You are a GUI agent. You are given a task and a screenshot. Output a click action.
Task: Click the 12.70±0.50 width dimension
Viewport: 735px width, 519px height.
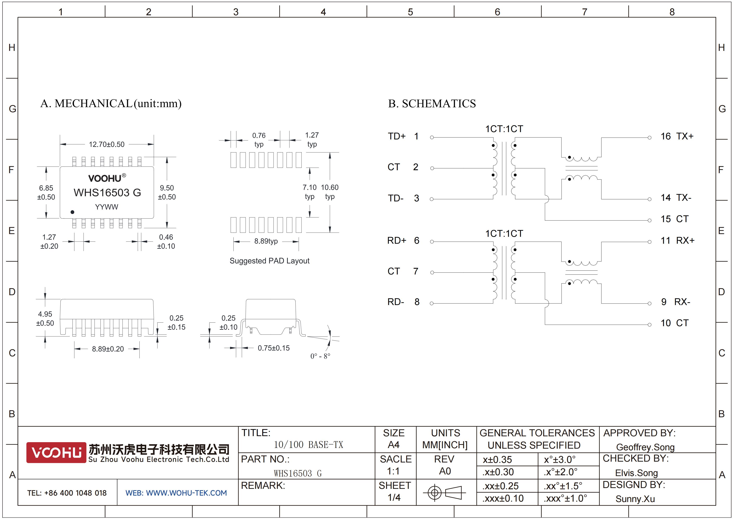107,144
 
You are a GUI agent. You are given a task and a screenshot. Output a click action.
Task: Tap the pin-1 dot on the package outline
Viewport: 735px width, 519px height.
72,212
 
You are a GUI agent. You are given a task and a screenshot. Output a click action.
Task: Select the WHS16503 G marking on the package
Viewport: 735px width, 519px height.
107,193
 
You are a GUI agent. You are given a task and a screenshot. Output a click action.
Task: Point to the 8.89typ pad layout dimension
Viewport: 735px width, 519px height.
266,241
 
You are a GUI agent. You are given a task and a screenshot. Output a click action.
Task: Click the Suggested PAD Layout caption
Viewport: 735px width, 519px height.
269,261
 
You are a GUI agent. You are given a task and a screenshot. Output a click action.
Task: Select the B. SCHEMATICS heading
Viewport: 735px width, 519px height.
432,104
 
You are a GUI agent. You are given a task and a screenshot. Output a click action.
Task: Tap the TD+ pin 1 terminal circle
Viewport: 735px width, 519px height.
432,138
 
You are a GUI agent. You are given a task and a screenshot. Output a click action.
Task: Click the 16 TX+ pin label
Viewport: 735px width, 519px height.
677,136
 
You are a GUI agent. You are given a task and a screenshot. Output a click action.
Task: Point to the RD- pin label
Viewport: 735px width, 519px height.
396,302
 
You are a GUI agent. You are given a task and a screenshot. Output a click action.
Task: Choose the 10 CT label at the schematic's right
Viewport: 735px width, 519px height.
674,323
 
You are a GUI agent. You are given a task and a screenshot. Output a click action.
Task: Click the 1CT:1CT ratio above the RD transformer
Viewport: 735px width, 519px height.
504,234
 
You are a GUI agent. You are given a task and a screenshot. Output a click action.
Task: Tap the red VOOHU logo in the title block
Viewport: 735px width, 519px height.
56,452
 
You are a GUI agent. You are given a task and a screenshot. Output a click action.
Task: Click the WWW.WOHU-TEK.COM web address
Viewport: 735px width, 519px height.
186,493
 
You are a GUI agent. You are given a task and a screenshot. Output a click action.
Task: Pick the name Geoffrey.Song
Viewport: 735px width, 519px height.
645,447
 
